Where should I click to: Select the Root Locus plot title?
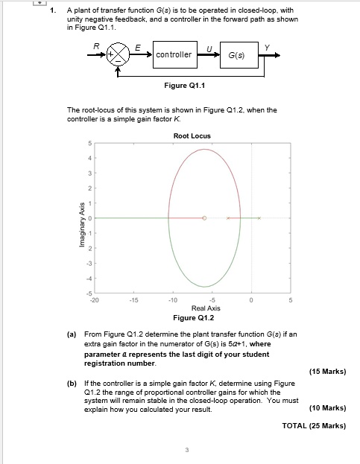pyautogui.click(x=192, y=136)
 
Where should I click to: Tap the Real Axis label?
pyautogui.click(x=204, y=308)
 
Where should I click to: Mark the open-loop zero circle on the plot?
pyautogui.click(x=204, y=218)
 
